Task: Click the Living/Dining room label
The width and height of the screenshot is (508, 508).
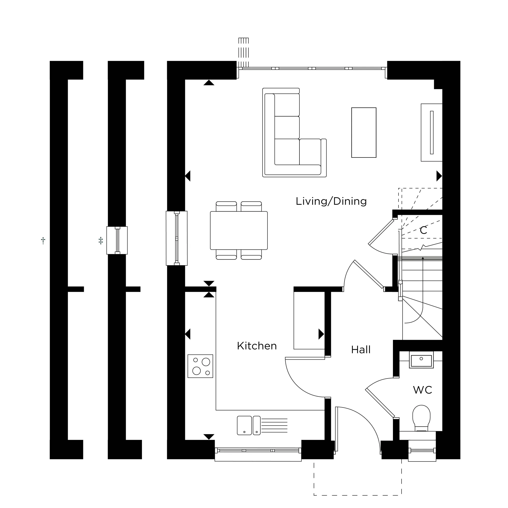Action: [331, 201]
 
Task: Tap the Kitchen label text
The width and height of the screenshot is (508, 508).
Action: [257, 346]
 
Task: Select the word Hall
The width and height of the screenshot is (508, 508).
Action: [361, 350]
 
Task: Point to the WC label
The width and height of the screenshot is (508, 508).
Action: [423, 390]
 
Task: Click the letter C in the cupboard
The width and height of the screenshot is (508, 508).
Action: [423, 230]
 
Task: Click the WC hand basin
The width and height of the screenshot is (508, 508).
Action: [421, 360]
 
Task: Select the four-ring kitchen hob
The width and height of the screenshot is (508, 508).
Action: [200, 366]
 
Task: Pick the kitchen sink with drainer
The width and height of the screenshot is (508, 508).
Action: [262, 425]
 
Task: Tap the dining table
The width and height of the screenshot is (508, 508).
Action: [239, 231]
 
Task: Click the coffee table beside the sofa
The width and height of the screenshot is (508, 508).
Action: [364, 133]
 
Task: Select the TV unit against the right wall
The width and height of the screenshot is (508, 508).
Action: [431, 133]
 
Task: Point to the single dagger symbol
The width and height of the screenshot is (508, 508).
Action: [43, 240]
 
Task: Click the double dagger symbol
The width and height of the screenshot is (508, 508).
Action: [101, 240]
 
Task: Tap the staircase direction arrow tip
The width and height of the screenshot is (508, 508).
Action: [423, 258]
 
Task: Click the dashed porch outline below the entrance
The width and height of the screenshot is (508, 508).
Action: [358, 495]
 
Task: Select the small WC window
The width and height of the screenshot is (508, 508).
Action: [422, 450]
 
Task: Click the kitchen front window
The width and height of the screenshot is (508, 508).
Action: [258, 451]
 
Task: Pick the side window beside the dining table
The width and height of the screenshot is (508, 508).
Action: [177, 238]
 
